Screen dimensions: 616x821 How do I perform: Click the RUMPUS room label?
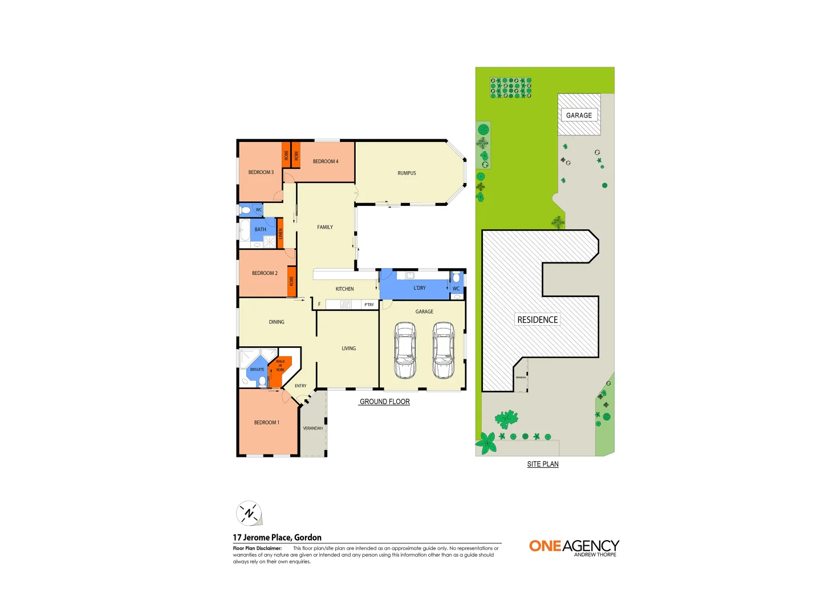(x=407, y=173)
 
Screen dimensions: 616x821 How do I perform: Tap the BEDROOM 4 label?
(x=326, y=161)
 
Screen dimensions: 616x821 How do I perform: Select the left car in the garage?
(x=405, y=350)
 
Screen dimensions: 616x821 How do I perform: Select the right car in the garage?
(x=444, y=350)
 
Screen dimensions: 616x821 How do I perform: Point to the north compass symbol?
(x=249, y=513)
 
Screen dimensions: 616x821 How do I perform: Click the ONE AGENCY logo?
(x=574, y=548)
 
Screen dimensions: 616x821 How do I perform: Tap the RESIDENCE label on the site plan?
(x=537, y=320)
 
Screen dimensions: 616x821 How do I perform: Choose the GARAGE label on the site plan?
(x=579, y=115)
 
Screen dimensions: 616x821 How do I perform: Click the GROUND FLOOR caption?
(x=384, y=402)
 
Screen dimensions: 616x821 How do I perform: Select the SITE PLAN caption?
(x=542, y=464)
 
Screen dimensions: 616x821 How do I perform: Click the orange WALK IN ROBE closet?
(x=280, y=368)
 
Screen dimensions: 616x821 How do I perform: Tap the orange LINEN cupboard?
(x=281, y=233)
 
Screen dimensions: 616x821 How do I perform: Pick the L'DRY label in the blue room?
(x=420, y=288)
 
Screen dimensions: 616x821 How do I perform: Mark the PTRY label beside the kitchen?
(x=369, y=305)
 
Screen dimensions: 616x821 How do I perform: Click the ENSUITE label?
(x=257, y=370)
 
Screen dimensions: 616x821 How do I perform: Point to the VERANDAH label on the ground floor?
(x=312, y=428)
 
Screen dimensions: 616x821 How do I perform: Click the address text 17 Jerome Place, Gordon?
(x=277, y=537)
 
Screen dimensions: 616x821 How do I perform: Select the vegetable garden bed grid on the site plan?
(x=511, y=88)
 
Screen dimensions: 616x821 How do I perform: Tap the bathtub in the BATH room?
(x=245, y=230)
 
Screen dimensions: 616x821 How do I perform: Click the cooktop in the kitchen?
(x=346, y=305)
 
